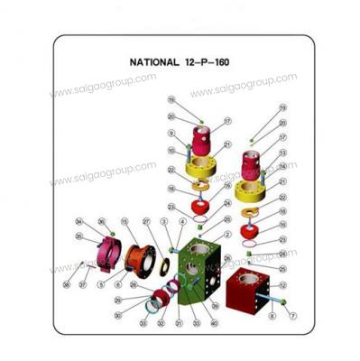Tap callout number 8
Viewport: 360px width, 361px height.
point(272,316)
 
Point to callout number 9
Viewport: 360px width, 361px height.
point(171,133)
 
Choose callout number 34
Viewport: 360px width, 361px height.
point(79,222)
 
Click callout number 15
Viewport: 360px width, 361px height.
point(125,221)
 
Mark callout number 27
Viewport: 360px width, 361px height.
point(145,221)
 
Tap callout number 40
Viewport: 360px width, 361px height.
point(214,322)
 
